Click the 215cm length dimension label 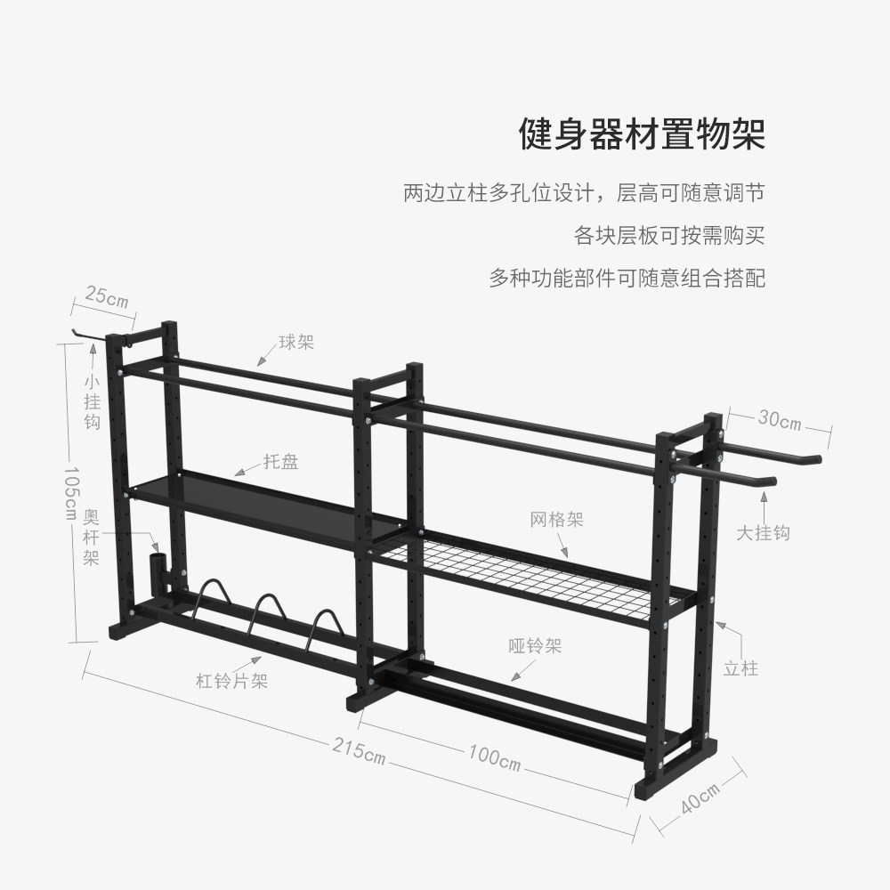359,749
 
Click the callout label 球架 296,342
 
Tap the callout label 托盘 280,461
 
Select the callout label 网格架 556,520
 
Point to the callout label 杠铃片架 231,682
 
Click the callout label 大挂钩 763,533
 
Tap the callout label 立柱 740,667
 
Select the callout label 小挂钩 93,400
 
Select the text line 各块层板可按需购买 669,236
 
